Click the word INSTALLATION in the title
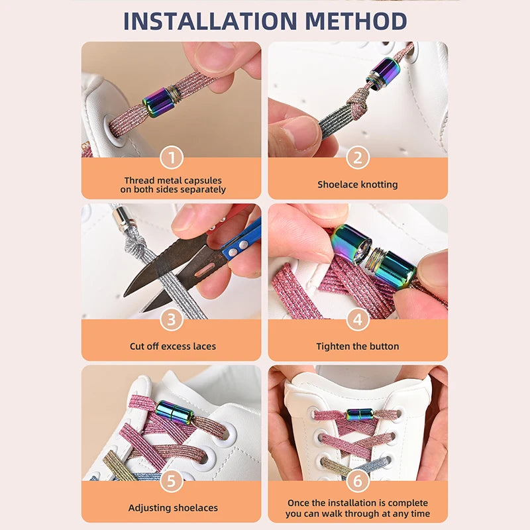[210, 21]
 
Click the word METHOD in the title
[356, 21]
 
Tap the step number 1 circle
[172, 158]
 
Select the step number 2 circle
[358, 158]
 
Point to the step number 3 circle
[172, 319]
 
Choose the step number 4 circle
[358, 319]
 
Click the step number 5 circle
[172, 481]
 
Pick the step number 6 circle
[358, 481]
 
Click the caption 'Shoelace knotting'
[358, 185]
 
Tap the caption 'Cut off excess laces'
[173, 346]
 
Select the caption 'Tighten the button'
[358, 346]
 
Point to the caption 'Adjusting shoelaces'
[173, 507]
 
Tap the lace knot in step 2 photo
[358, 105]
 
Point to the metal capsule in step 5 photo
[174, 412]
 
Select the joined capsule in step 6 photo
[360, 414]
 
